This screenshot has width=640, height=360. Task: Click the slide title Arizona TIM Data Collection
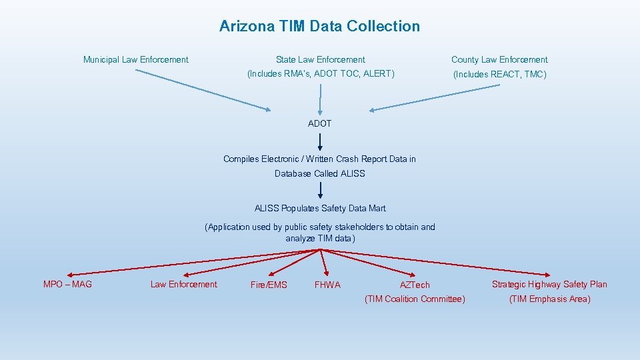[x=319, y=27]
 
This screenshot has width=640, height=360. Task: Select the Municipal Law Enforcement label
[x=135, y=60]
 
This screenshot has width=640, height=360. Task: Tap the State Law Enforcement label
[x=320, y=60]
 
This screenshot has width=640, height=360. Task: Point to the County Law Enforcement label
[x=499, y=60]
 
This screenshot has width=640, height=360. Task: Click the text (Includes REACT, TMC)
[x=499, y=75]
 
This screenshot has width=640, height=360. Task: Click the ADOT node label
[x=319, y=123]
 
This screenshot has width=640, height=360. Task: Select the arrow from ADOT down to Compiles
[x=320, y=141]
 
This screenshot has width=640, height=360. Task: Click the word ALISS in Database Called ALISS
[x=353, y=174]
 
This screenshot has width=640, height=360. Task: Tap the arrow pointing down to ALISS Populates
[x=320, y=191]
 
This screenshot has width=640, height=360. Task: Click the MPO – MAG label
[x=67, y=285]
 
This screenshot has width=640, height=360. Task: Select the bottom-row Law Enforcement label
[x=183, y=285]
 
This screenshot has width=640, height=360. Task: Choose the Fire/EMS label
[x=269, y=285]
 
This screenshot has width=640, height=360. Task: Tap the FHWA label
[x=327, y=285]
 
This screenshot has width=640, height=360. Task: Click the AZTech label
[x=415, y=285]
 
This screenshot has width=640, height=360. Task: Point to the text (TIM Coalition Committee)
[x=415, y=299]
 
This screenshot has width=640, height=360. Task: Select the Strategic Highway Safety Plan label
[x=549, y=285]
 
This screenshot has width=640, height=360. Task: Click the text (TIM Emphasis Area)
[x=549, y=299]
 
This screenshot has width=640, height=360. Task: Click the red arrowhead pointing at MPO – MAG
[x=69, y=274]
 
